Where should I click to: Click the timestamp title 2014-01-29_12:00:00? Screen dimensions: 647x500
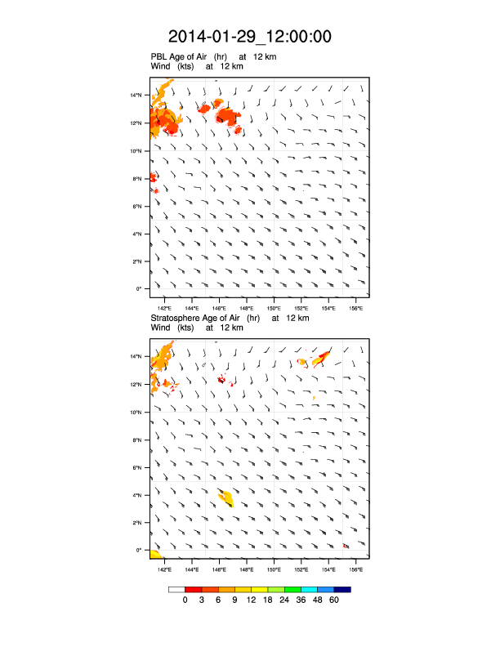[249, 37]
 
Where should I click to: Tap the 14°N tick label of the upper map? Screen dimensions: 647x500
[137, 96]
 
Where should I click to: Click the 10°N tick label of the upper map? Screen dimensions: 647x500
[137, 151]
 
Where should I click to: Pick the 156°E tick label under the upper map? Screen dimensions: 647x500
[356, 308]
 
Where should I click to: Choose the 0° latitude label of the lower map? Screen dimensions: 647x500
[140, 550]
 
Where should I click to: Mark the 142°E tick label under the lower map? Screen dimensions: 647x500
[164, 569]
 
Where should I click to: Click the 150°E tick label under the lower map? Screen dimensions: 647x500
[274, 569]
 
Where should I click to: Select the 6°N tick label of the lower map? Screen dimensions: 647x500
[137, 467]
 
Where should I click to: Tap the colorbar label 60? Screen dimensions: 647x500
[334, 600]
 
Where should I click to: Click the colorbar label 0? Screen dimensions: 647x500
[185, 600]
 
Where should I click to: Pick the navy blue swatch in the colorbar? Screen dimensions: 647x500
[342, 588]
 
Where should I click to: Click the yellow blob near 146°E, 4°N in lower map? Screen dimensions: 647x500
[226, 497]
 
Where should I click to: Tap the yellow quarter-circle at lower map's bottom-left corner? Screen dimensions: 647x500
[154, 555]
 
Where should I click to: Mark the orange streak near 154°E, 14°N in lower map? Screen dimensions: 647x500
[321, 357]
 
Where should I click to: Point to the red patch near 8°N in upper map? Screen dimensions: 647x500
[153, 176]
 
